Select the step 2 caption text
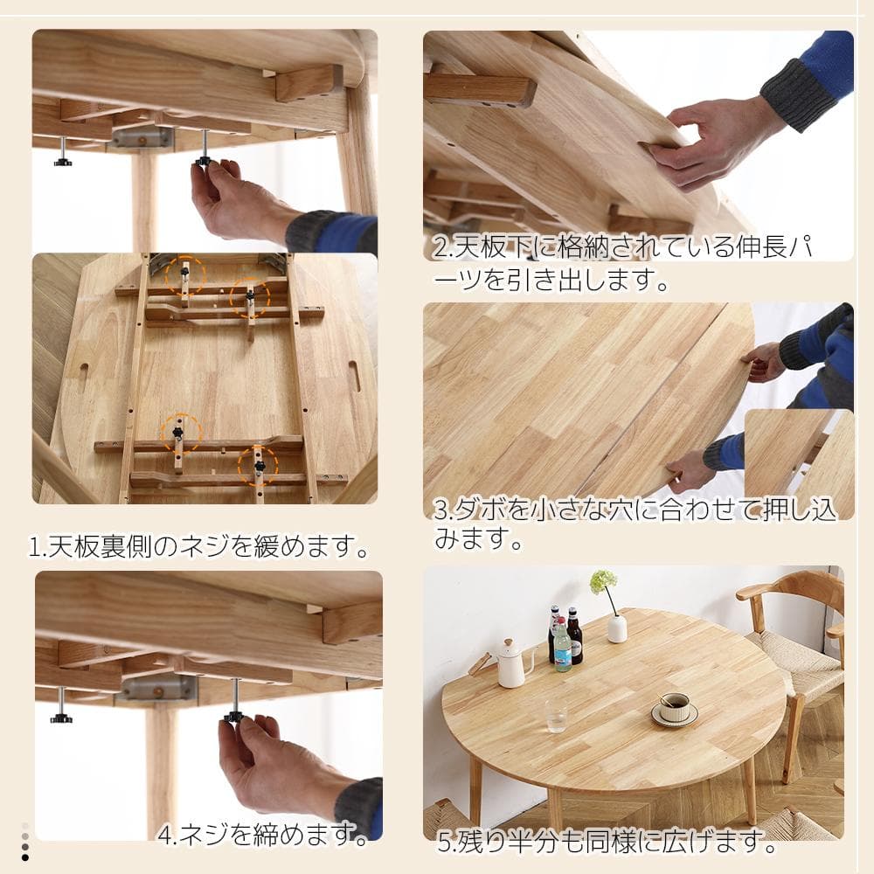[x=629, y=262]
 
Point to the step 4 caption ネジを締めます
[x=263, y=834]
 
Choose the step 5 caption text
[x=607, y=844]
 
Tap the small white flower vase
[x=617, y=628]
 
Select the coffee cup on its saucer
[x=674, y=708]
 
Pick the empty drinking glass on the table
[x=556, y=715]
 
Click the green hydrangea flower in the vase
[x=603, y=581]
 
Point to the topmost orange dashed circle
[x=185, y=275]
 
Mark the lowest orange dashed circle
[x=258, y=467]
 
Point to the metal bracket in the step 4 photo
[x=158, y=688]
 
